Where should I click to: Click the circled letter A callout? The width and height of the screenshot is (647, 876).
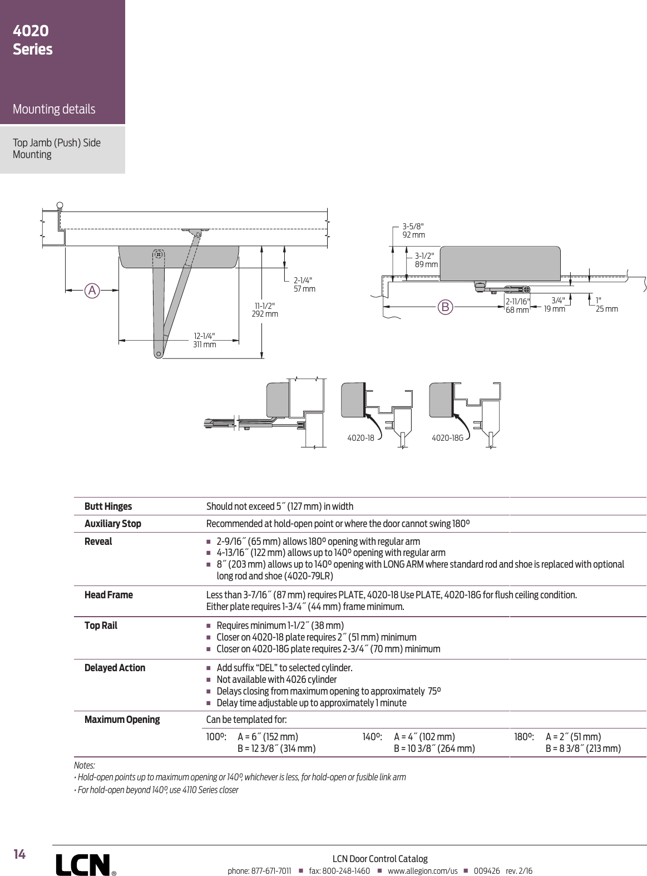click(x=92, y=290)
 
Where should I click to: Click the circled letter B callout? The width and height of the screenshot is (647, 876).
click(x=445, y=307)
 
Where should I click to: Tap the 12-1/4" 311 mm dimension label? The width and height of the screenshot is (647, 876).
click(x=204, y=340)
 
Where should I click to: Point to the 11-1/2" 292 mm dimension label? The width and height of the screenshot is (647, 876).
click(x=265, y=310)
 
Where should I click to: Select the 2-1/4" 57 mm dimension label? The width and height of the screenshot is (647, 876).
click(x=304, y=284)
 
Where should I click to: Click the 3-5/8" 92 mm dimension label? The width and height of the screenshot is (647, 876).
click(x=413, y=230)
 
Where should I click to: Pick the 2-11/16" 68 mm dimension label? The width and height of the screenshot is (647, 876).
click(x=517, y=306)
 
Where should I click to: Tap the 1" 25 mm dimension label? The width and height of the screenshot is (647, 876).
click(x=606, y=304)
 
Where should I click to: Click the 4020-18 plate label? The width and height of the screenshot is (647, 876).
click(x=360, y=438)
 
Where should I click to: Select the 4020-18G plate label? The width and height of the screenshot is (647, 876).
click(x=447, y=438)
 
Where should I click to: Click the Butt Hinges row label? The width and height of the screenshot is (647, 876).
click(x=108, y=506)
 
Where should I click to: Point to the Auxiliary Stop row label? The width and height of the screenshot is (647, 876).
click(x=112, y=524)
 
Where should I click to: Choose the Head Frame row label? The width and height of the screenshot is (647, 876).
click(x=108, y=595)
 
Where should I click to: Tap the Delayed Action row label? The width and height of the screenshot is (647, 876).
click(x=115, y=668)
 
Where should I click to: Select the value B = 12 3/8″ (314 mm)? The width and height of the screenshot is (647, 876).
click(x=276, y=749)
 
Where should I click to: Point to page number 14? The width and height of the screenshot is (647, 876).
click(x=19, y=854)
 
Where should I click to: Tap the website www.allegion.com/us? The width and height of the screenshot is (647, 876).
click(x=422, y=871)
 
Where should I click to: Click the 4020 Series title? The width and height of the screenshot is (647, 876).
click(x=33, y=40)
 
